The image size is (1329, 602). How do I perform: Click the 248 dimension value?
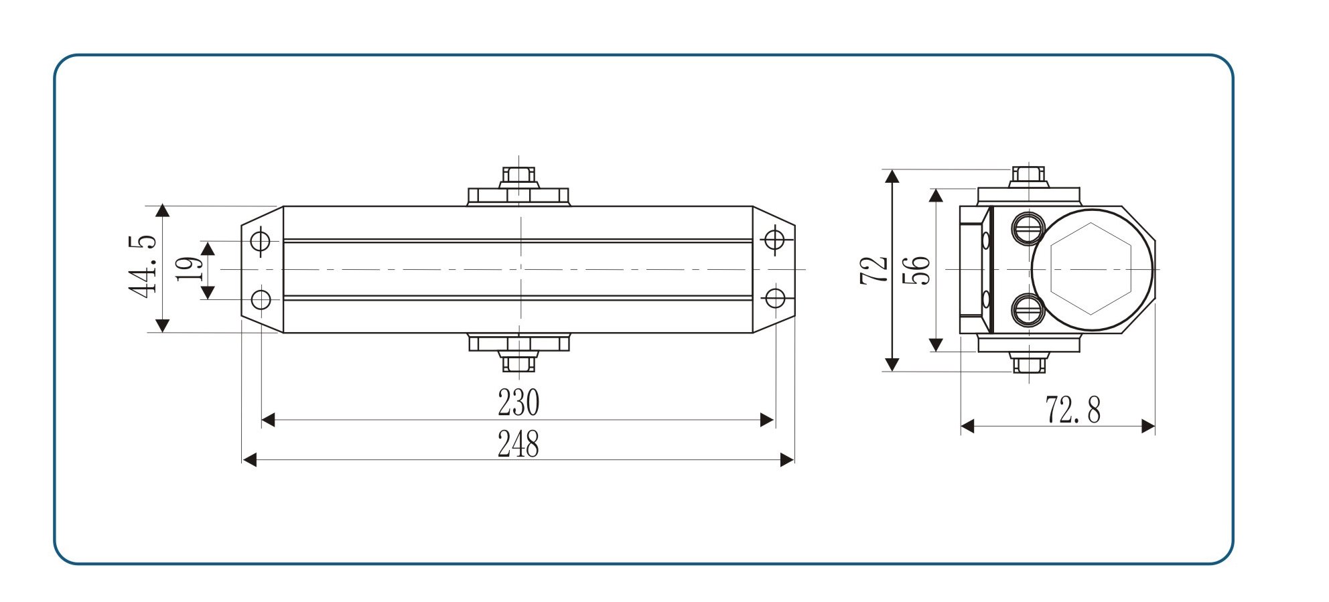click(x=518, y=444)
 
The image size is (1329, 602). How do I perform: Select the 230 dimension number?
click(x=518, y=403)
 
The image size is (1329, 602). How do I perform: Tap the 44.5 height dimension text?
click(x=143, y=266)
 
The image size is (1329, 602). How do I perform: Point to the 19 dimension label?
click(x=188, y=269)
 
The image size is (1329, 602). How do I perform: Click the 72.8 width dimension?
click(x=1072, y=410)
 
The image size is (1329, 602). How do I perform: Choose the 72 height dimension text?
click(x=874, y=270)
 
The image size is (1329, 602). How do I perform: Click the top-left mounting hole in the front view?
click(x=261, y=240)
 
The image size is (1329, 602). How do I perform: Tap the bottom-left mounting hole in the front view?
click(x=261, y=299)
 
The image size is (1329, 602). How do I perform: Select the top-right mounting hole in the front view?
click(x=775, y=239)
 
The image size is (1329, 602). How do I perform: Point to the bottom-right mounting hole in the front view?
click(x=775, y=298)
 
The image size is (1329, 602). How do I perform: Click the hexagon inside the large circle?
click(x=1091, y=269)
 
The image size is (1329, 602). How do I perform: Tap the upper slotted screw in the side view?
click(x=1028, y=228)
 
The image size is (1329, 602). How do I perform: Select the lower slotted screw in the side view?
click(x=1028, y=310)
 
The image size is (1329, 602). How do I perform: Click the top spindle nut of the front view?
click(x=518, y=177)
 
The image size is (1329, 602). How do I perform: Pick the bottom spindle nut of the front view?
click(x=518, y=362)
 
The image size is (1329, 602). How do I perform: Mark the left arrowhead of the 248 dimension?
click(x=249, y=460)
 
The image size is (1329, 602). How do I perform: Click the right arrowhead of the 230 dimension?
click(x=767, y=421)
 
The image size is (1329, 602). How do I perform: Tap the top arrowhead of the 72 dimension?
click(x=892, y=176)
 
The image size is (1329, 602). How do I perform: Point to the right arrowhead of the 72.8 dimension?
click(x=1148, y=426)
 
